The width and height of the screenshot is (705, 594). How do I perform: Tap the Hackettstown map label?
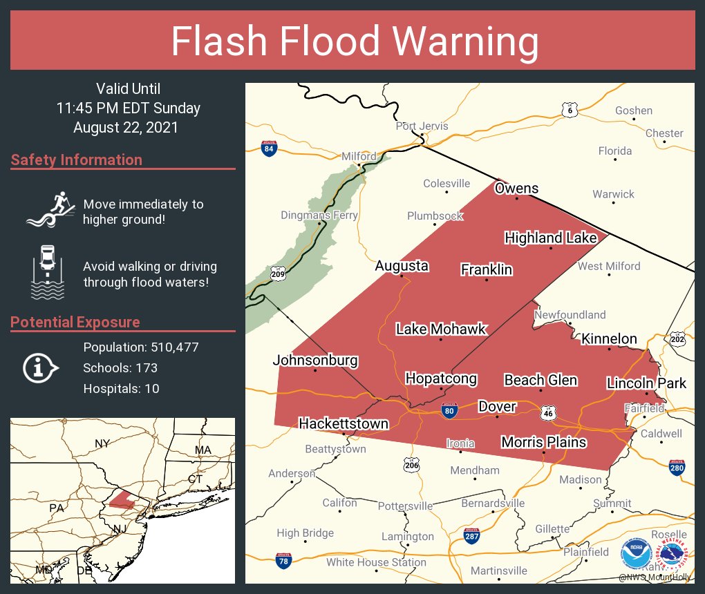click(x=343, y=423)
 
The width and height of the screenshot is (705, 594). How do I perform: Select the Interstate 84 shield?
click(x=269, y=148)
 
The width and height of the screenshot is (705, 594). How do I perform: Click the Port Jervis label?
click(x=422, y=126)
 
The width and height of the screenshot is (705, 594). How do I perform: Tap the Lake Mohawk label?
click(x=441, y=329)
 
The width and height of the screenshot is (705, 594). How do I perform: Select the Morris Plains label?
click(x=543, y=442)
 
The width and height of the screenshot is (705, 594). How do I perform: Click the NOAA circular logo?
click(x=635, y=554)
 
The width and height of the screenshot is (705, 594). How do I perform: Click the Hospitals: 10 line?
click(x=121, y=389)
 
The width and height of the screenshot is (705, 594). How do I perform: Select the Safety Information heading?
click(x=77, y=160)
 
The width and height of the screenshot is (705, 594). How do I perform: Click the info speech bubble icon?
click(x=42, y=367)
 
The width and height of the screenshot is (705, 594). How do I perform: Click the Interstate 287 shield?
click(x=471, y=536)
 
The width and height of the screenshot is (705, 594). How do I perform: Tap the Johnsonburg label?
click(x=315, y=361)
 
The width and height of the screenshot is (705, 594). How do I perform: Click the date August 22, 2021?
click(x=126, y=128)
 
